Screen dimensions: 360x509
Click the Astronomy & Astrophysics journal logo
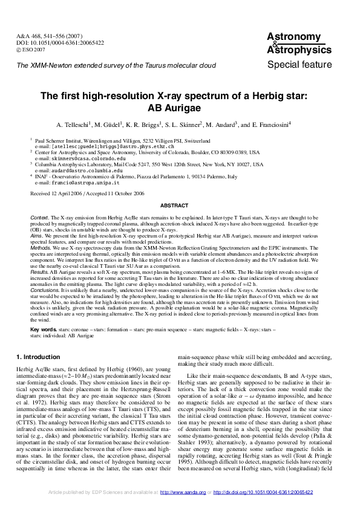coord(299,44)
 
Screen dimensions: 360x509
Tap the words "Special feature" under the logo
coord(299,65)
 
